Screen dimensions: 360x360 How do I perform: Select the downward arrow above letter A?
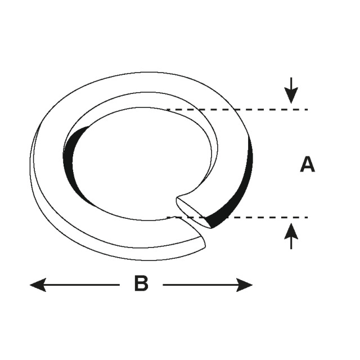(x=291, y=90)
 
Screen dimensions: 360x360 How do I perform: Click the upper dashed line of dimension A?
(x=236, y=109)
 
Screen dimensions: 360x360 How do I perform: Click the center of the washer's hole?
(x=141, y=163)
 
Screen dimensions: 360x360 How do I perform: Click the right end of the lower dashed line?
(x=307, y=217)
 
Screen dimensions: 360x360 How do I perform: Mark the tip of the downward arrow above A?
(x=291, y=102)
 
